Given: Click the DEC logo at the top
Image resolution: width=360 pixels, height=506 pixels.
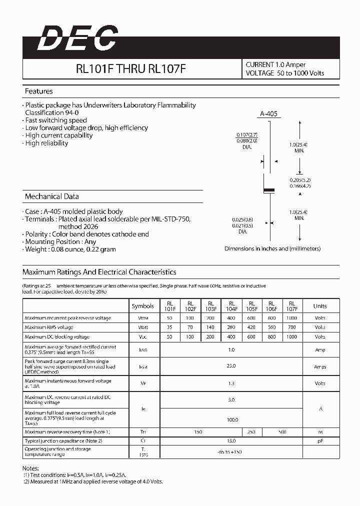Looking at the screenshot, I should pyautogui.click(x=77, y=38).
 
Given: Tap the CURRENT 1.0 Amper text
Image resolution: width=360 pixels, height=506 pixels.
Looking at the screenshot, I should pyautogui.click(x=275, y=64).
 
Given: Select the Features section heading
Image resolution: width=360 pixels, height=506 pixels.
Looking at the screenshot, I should pyautogui.click(x=39, y=91).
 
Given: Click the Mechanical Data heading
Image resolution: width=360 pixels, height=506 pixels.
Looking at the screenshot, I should pyautogui.click(x=51, y=196).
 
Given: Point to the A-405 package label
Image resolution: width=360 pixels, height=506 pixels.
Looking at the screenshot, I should pyautogui.click(x=269, y=114).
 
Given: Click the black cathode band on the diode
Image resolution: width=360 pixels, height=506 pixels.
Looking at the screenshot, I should pyautogui.click(x=269, y=190).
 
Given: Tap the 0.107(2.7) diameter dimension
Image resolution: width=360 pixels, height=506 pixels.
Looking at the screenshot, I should pyautogui.click(x=247, y=135).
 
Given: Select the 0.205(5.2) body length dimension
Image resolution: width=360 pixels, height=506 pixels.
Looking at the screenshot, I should pyautogui.click(x=300, y=179).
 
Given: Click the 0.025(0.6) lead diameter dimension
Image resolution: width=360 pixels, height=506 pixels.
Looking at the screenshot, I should pyautogui.click(x=242, y=219).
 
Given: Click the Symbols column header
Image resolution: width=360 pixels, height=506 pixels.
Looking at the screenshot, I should pyautogui.click(x=143, y=306).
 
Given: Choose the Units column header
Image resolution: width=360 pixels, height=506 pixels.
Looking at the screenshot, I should pyautogui.click(x=320, y=306).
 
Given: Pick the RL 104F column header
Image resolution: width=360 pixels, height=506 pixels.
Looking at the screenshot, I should pyautogui.click(x=231, y=306).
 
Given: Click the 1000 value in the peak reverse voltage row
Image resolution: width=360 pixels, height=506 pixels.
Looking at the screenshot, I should pyautogui.click(x=292, y=318).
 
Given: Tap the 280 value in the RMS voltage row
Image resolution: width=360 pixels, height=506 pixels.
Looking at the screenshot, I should pyautogui.click(x=231, y=327).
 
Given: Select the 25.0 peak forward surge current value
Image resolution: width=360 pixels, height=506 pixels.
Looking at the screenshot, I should pyautogui.click(x=231, y=366).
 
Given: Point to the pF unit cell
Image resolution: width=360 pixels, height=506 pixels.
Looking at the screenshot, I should pyautogui.click(x=320, y=441).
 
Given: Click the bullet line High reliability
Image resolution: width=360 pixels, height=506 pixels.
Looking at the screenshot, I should pyautogui.click(x=46, y=143).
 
